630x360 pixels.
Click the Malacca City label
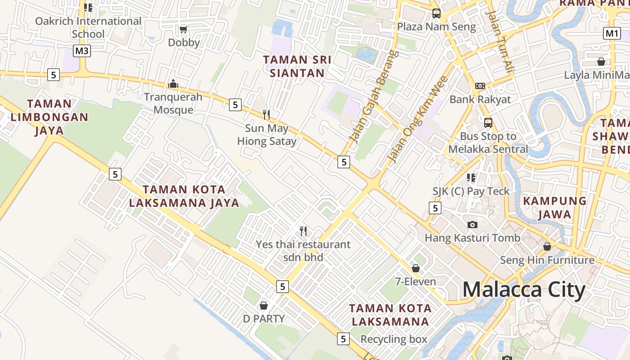524,290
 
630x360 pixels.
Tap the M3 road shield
82,51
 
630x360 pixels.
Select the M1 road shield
612,33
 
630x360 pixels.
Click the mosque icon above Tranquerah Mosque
173,84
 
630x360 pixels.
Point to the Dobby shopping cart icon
183,30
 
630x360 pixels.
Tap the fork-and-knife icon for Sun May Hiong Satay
266,115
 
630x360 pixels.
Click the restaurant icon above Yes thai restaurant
303,231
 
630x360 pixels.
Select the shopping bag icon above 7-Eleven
416,268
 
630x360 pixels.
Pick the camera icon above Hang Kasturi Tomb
472,225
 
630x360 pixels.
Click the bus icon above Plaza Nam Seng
436,13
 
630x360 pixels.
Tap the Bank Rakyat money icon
480,86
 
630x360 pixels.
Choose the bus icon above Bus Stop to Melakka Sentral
488,122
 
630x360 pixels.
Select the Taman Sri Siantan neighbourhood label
297,66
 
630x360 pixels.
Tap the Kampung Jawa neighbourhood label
554,207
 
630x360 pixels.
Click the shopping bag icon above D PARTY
264,306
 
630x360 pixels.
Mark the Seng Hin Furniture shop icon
547,247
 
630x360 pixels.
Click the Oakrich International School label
88,27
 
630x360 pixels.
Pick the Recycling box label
394,339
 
